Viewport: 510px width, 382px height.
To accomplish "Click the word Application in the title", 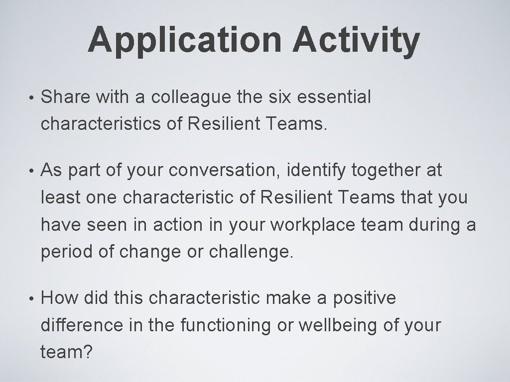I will pyautogui.click(x=186, y=40).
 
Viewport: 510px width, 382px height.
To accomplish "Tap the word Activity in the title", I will pyautogui.click(x=356, y=40).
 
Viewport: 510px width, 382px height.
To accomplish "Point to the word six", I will pyautogui.click(x=283, y=97).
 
